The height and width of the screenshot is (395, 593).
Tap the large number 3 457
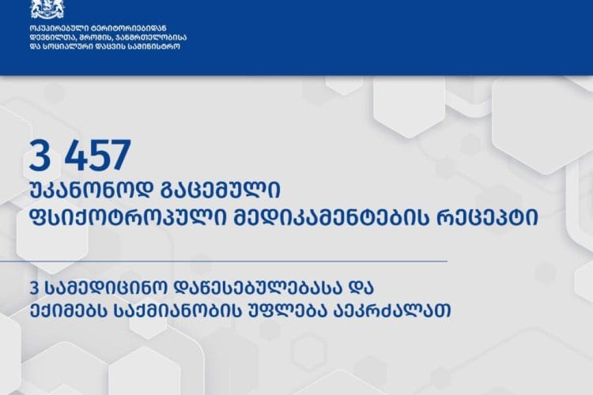(79, 156)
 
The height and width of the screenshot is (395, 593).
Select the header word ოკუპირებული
(56, 29)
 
